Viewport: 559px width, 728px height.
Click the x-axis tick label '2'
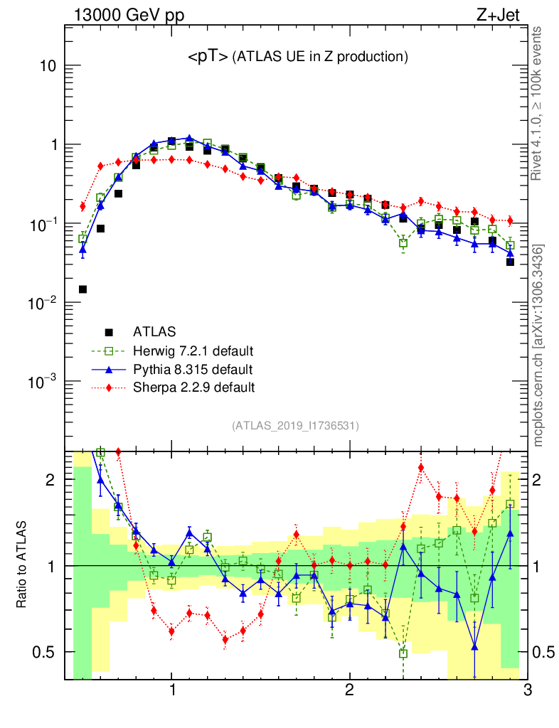tap(349, 690)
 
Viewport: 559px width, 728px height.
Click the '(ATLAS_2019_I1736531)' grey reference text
tap(295, 426)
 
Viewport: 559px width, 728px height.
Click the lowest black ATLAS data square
tap(82, 289)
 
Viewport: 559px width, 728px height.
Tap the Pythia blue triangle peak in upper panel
tap(189, 139)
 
